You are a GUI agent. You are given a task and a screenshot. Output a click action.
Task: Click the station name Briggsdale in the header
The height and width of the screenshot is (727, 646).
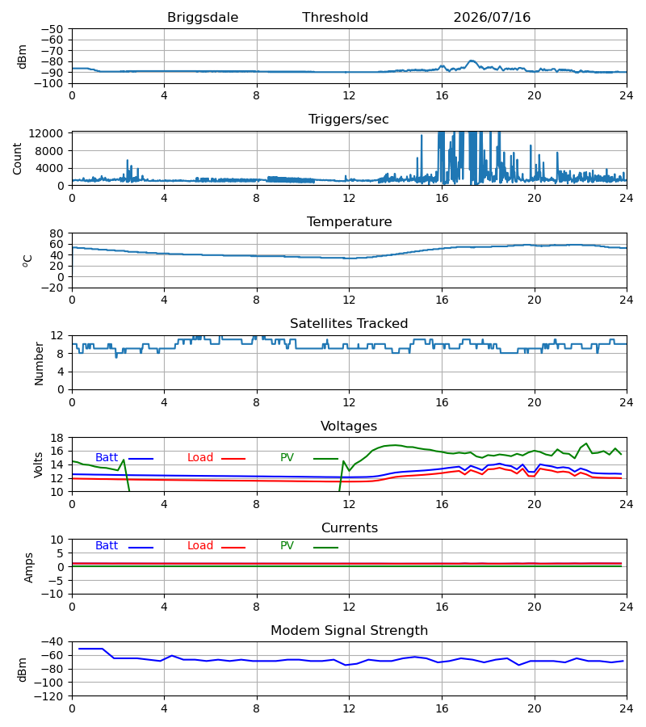point(203,17)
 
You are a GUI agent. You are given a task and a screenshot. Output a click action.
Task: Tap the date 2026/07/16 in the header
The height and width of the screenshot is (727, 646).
point(492,17)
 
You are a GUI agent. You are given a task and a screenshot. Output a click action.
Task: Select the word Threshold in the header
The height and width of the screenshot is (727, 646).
point(335,17)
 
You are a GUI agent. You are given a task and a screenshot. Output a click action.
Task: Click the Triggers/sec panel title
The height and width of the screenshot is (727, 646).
point(349,120)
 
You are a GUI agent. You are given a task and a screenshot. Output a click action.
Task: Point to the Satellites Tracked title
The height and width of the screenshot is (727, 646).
point(349,323)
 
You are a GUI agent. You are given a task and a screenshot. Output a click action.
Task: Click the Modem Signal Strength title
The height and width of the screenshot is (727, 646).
point(349,631)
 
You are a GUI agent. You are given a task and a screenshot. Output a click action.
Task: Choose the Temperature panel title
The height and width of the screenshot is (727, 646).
point(349,221)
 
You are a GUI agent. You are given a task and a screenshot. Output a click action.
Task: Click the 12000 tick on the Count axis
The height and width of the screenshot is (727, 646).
point(46,133)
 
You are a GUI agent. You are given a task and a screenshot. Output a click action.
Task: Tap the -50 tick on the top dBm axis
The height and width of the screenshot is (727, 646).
point(52,29)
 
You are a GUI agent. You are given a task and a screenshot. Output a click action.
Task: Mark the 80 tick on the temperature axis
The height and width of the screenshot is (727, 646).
point(57,233)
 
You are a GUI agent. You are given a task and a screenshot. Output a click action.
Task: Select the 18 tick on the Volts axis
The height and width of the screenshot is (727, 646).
point(57,438)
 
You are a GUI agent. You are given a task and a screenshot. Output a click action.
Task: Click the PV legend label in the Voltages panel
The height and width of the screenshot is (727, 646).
point(287,458)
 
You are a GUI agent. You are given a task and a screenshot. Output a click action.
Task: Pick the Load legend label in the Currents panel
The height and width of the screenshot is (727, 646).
point(199,546)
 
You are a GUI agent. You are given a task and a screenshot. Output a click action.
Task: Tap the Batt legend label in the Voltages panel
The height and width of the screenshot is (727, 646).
point(107,458)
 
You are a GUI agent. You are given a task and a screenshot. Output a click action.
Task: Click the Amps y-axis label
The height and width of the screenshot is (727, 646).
point(29,567)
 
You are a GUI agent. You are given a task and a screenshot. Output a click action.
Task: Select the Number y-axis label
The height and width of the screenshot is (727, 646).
point(39,363)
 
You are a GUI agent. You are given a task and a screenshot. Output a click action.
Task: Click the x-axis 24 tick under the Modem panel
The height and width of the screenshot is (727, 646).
point(627,708)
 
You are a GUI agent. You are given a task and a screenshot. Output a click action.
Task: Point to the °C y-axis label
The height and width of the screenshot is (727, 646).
point(27,261)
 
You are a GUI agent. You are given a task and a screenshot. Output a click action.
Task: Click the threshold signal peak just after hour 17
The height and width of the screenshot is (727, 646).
point(472,61)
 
